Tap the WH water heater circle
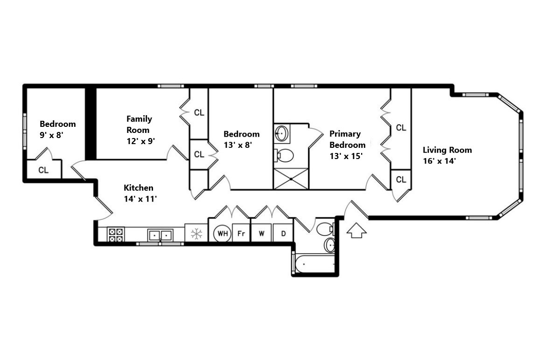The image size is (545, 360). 223,234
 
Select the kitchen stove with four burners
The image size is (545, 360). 115,235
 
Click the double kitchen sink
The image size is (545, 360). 161,235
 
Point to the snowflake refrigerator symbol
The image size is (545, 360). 196,234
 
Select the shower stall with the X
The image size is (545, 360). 291,179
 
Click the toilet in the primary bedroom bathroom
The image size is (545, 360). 284,155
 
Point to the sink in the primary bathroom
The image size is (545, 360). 281,133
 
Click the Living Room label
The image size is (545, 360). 447,150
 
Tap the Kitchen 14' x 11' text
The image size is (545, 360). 140,193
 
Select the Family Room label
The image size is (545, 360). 139,125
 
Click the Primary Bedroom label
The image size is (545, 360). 347,139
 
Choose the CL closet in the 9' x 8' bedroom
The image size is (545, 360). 44,170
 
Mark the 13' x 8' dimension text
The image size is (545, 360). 238,145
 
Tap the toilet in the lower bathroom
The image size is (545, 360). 326,229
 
